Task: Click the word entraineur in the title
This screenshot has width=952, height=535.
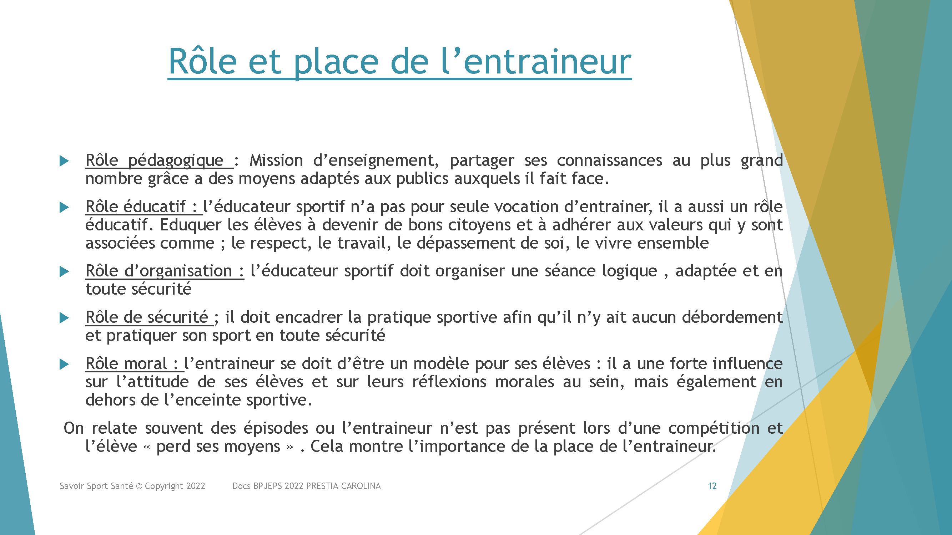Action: coord(547,62)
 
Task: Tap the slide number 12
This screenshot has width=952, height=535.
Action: coord(712,486)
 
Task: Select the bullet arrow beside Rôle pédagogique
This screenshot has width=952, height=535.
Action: coord(64,160)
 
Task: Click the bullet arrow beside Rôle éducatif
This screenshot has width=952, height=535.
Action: coord(64,207)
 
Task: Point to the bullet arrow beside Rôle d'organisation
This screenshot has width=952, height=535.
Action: coord(64,272)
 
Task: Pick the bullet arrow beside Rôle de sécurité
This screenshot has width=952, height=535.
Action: coord(64,317)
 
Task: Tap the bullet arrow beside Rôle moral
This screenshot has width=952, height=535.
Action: coord(64,364)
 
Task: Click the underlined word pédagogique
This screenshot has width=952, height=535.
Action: coord(176,161)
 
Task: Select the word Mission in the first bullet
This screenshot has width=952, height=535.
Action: coord(276,160)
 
